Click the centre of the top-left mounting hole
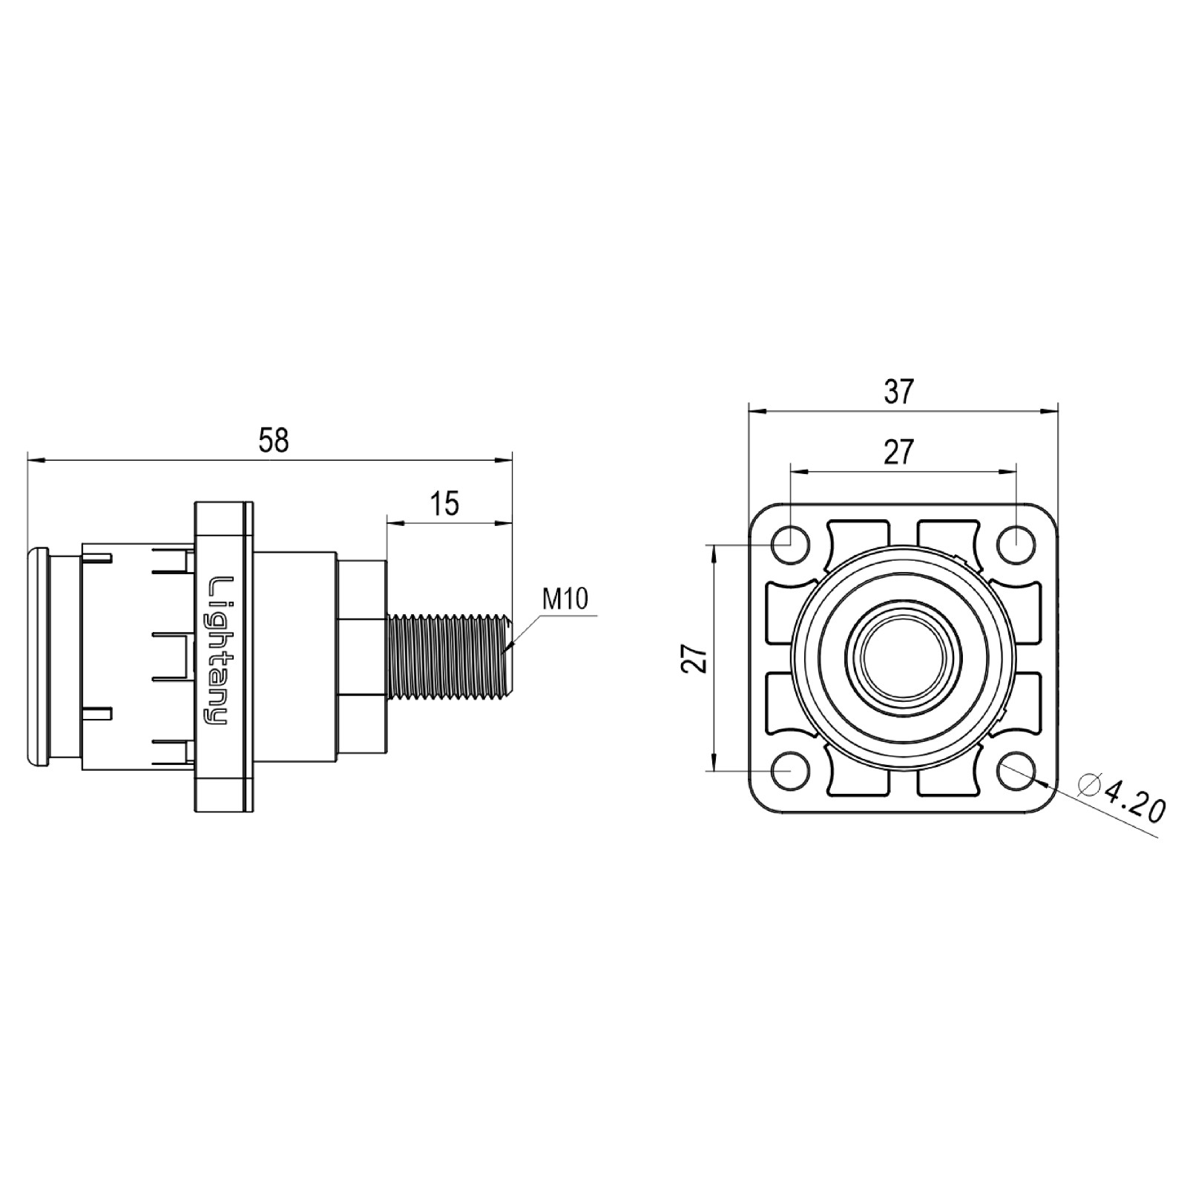click(x=791, y=544)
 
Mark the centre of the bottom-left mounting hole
click(x=791, y=771)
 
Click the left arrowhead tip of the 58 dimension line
click(x=27, y=461)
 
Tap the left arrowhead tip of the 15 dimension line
click(x=387, y=524)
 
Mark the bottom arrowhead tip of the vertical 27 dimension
click(x=714, y=771)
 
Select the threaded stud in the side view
click(x=449, y=656)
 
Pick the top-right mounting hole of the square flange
click(x=1015, y=544)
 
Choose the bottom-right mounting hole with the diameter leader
click(x=1015, y=771)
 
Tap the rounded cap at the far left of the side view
click(x=37, y=656)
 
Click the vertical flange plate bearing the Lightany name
click(x=222, y=656)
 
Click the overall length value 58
click(x=273, y=440)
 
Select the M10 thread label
click(x=565, y=598)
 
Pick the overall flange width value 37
click(x=898, y=391)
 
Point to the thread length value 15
click(x=445, y=504)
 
